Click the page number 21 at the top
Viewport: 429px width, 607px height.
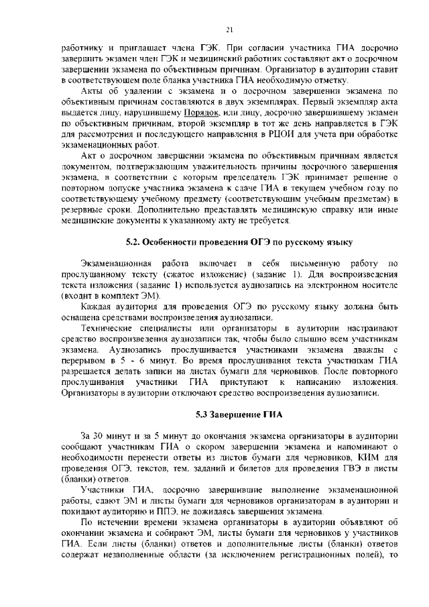229,30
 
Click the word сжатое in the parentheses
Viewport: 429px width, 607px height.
173,274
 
